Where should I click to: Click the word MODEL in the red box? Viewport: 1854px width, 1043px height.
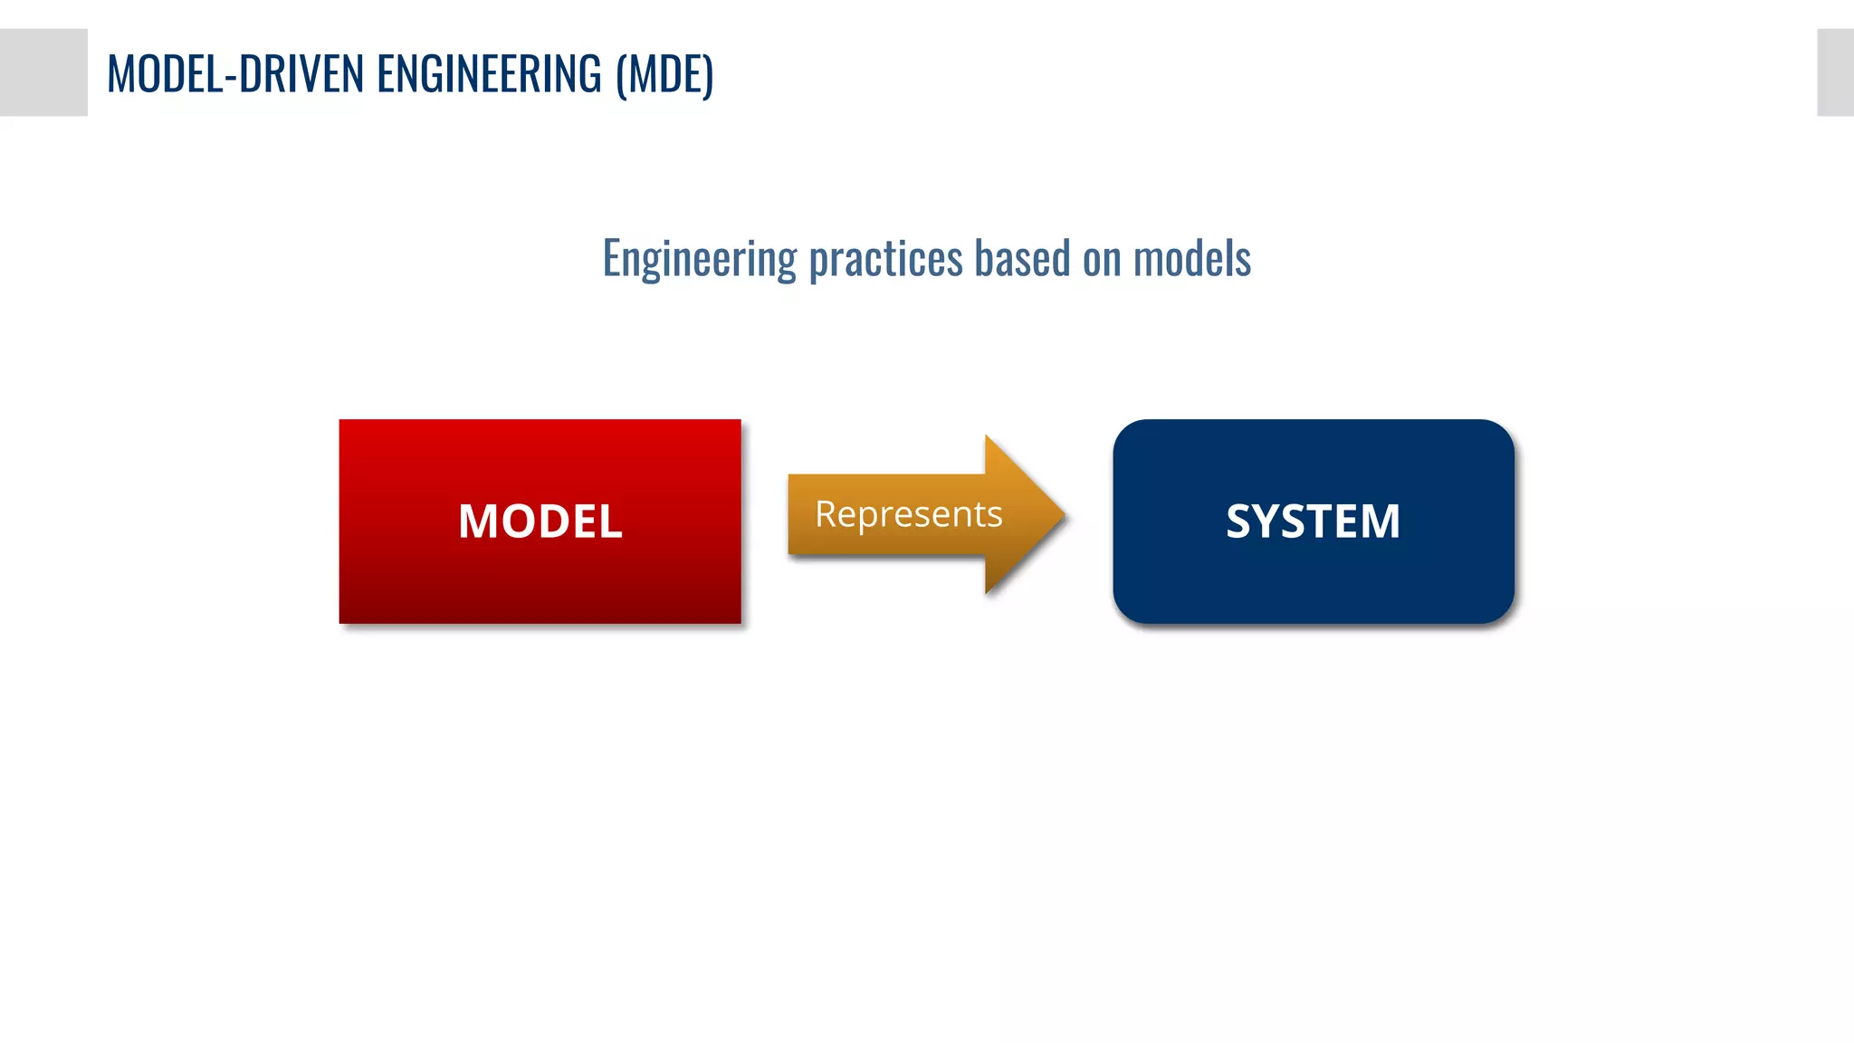(540, 521)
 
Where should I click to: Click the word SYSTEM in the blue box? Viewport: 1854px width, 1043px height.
(1313, 521)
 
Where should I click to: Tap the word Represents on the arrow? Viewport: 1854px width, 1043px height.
(908, 514)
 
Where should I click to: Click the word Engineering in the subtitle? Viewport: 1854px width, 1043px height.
(699, 259)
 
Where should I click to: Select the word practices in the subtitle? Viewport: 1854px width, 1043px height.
(885, 259)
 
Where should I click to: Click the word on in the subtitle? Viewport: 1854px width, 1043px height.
(1102, 259)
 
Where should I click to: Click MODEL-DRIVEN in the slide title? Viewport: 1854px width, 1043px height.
(235, 74)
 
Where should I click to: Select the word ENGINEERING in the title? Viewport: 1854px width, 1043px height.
(489, 74)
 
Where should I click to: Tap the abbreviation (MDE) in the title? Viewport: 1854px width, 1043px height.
(664, 74)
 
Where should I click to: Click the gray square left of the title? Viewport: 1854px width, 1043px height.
(43, 72)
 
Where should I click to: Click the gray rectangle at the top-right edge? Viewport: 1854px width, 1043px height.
(1836, 72)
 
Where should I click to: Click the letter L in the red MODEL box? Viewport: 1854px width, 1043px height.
(612, 521)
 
